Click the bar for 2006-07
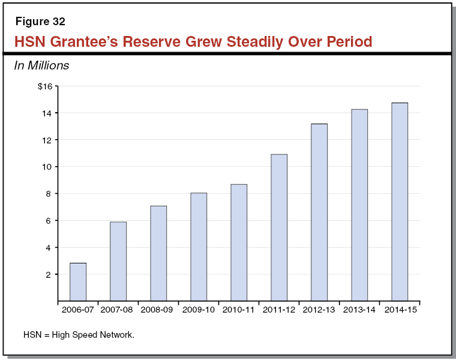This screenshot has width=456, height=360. click(x=78, y=281)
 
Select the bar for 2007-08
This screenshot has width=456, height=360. click(x=118, y=261)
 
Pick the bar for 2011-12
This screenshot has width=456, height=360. click(x=279, y=227)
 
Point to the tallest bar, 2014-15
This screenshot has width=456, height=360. click(x=400, y=202)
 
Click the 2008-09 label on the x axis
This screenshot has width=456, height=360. click(x=158, y=310)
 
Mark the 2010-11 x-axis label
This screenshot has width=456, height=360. click(x=238, y=310)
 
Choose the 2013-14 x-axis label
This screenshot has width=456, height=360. click(x=359, y=310)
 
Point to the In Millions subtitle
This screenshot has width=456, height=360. click(x=41, y=65)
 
